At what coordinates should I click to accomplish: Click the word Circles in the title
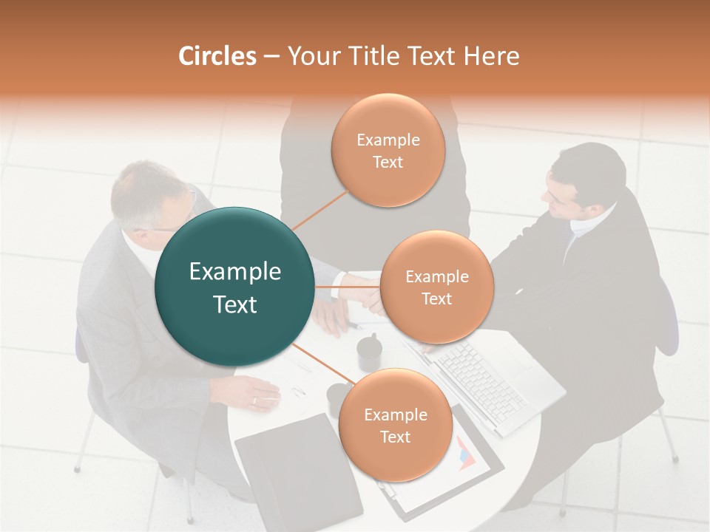[x=217, y=56]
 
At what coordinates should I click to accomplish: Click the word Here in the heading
[x=491, y=56]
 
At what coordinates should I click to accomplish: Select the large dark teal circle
[x=234, y=287]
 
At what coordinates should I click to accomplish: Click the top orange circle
[x=388, y=150]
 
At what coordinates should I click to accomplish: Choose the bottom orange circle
[x=395, y=425]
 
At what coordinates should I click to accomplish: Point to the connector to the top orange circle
[x=320, y=209]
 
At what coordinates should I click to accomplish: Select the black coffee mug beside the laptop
[x=369, y=353]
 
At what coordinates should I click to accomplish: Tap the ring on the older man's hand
[x=255, y=400]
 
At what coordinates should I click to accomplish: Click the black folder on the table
[x=296, y=473]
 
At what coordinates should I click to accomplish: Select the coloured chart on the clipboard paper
[x=465, y=453]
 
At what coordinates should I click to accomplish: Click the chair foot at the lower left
[x=77, y=468]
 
